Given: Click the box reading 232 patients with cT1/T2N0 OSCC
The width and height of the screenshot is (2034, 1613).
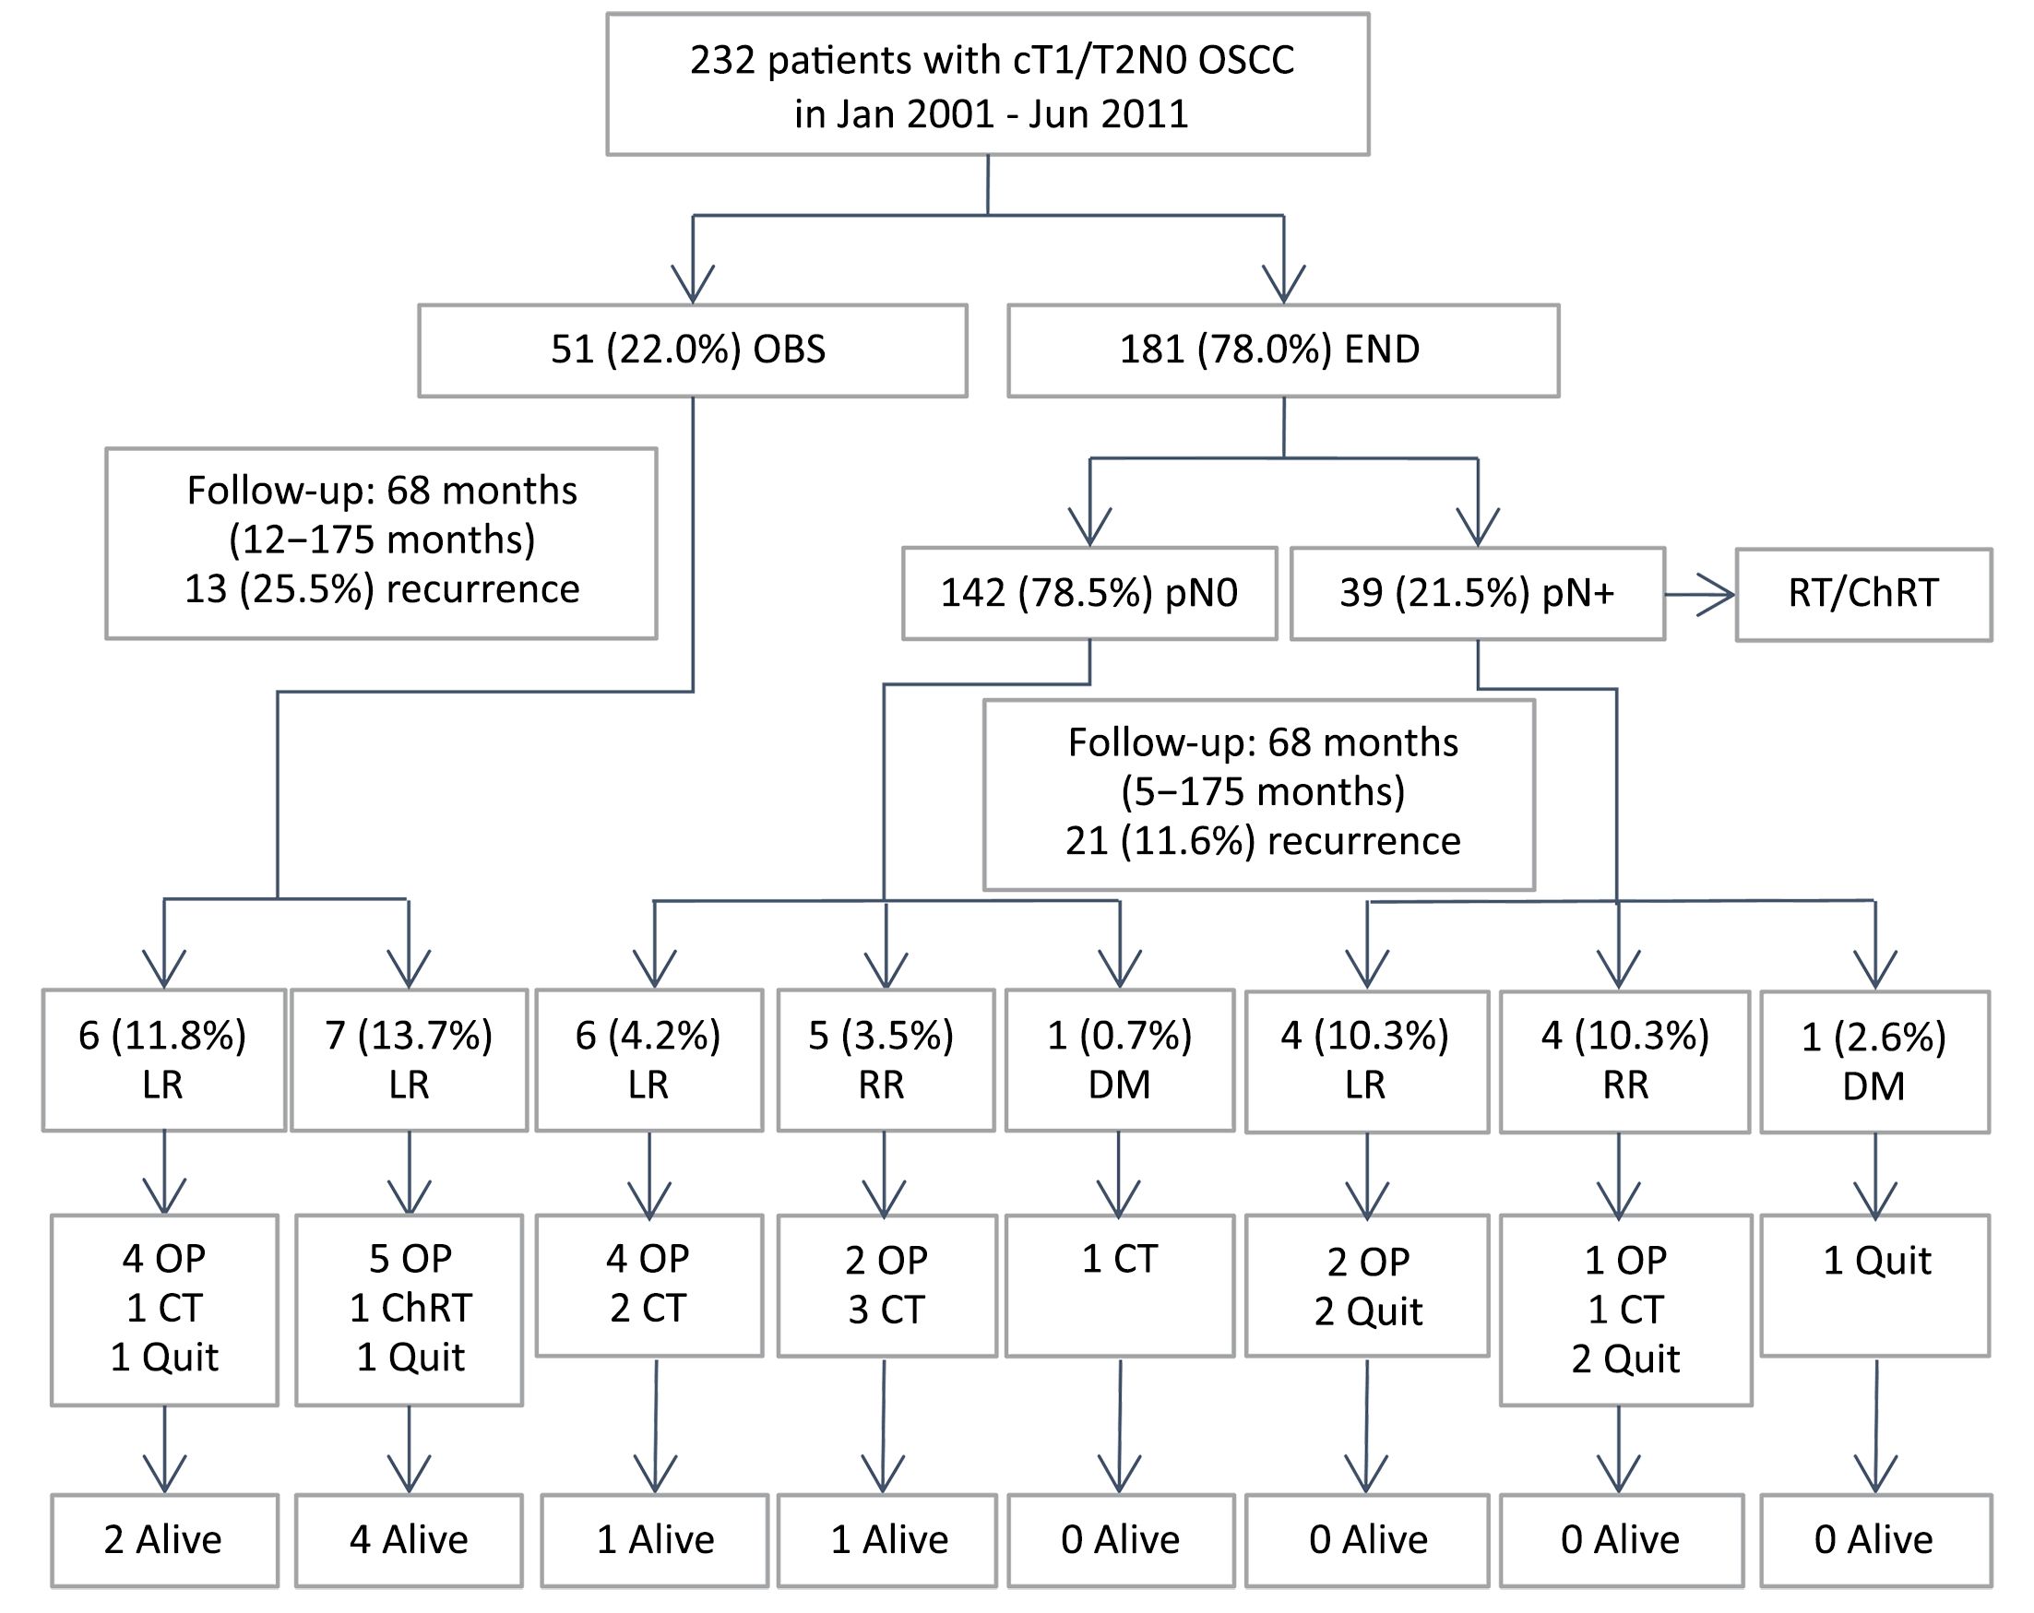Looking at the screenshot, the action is (x=988, y=84).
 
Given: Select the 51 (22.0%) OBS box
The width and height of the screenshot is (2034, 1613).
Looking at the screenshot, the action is (x=693, y=350).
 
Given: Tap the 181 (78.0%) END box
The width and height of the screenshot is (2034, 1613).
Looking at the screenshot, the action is (x=1283, y=350).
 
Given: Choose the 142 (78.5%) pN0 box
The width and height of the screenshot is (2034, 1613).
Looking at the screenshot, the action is (x=1089, y=593).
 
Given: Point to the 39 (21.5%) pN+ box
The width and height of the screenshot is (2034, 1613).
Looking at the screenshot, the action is (x=1478, y=593).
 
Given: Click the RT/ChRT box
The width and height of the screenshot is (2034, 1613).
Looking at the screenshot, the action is (x=1864, y=594).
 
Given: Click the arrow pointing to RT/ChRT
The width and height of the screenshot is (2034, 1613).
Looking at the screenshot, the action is (x=1700, y=594).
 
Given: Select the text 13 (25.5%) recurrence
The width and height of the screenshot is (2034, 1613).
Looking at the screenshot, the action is (x=382, y=589).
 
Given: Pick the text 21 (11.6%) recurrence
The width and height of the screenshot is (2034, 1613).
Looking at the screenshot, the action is (x=1263, y=840).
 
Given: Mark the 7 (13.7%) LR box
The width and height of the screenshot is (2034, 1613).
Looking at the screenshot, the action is (x=410, y=1060).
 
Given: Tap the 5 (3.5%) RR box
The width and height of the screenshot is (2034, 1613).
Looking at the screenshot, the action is (x=886, y=1060).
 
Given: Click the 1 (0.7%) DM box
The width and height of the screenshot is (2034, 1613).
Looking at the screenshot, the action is (x=1120, y=1060).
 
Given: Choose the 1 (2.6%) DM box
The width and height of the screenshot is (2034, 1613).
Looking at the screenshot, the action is (x=1875, y=1061).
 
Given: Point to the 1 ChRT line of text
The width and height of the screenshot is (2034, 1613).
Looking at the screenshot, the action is (x=410, y=1309).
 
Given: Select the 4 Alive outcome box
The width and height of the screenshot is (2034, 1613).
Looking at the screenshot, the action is (x=410, y=1540).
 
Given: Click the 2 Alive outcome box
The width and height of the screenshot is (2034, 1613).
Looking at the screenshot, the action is (x=164, y=1540).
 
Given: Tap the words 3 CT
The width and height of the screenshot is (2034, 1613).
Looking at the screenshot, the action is (x=886, y=1311).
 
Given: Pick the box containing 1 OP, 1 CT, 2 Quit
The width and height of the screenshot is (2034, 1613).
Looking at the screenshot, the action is (x=1625, y=1311).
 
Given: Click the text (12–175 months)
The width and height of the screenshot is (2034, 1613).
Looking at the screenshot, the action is (x=382, y=540).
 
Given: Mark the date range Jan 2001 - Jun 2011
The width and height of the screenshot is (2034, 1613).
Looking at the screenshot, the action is (x=992, y=114).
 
